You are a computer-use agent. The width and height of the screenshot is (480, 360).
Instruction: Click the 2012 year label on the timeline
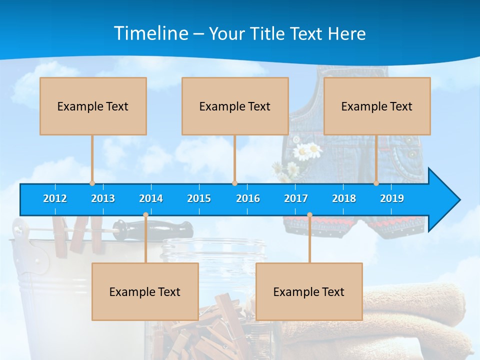coord(55,198)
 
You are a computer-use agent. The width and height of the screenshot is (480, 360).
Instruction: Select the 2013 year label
coord(103,198)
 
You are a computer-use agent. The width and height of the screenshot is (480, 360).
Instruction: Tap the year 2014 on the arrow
coord(151,198)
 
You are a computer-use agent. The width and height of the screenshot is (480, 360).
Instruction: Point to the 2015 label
coord(199,198)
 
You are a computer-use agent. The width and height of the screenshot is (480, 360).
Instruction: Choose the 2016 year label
coord(248,198)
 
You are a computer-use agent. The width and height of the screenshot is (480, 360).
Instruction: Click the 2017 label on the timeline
coord(296,198)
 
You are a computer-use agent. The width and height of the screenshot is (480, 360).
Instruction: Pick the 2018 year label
coord(344,198)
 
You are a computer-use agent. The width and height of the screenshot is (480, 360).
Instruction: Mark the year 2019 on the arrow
coord(392,198)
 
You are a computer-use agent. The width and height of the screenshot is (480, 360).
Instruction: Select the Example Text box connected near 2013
coord(93,106)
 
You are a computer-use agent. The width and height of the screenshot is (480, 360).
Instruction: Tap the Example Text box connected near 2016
coord(235,106)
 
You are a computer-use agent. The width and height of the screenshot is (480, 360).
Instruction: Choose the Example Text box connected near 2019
coord(377,106)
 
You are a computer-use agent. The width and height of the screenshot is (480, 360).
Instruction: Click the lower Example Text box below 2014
coord(145,291)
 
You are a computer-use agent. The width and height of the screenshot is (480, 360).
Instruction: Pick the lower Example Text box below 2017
coord(309,291)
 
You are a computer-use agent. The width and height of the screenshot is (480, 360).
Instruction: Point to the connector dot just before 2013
coord(92,183)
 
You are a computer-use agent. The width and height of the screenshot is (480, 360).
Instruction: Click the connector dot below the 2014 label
coord(145,215)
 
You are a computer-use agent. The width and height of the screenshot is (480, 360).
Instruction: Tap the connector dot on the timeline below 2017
coord(309,215)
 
